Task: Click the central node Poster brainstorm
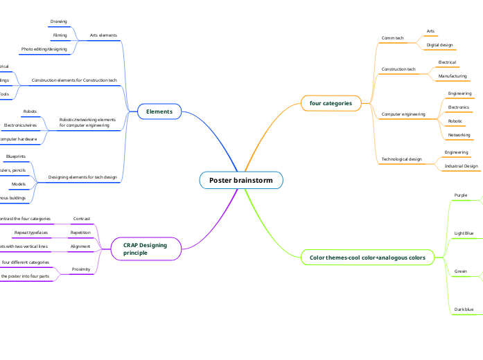point(241,181)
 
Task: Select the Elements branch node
point(159,111)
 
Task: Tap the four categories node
point(331,103)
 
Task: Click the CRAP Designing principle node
point(145,249)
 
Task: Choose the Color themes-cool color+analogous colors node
point(367,258)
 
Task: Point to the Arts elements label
point(104,35)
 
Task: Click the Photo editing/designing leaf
point(44,49)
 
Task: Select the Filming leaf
point(60,35)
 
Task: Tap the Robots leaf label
point(30,111)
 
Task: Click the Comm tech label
point(393,38)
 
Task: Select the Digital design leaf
point(439,45)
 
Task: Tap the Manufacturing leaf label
point(453,76)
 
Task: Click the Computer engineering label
point(403,114)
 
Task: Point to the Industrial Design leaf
point(461,166)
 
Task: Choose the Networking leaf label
point(459,135)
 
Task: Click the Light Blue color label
point(464,234)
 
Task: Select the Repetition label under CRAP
point(80,233)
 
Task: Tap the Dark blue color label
point(464,309)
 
